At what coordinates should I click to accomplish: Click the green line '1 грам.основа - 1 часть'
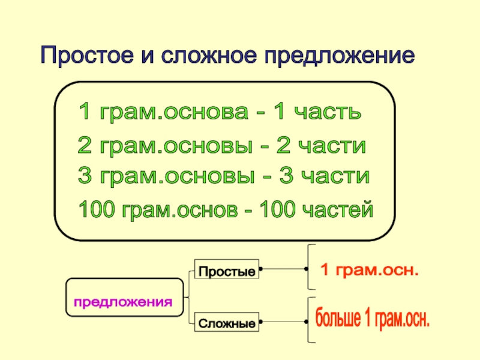pyautogui.click(x=220, y=112)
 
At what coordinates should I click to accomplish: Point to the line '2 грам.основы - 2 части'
pyautogui.click(x=222, y=146)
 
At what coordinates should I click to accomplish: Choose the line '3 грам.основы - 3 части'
pyautogui.click(x=223, y=176)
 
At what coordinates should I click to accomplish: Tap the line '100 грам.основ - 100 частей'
pyautogui.click(x=226, y=210)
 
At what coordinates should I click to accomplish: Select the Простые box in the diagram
pyautogui.click(x=227, y=271)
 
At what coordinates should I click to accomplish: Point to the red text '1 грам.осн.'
pyautogui.click(x=368, y=269)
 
